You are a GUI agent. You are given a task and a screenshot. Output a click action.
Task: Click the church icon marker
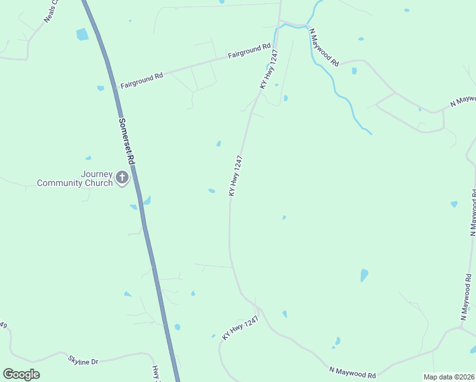pyautogui.click(x=122, y=177)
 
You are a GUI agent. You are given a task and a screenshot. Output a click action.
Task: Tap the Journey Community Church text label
pyautogui.click(x=74, y=179)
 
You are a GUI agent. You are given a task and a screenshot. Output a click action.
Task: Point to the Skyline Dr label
pyautogui.click(x=83, y=361)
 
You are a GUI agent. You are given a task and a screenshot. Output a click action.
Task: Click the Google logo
pyautogui.click(x=21, y=374)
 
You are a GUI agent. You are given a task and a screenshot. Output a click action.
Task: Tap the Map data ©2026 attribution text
pyautogui.click(x=449, y=377)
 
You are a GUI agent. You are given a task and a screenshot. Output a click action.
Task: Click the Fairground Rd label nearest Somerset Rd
pyautogui.click(x=142, y=80)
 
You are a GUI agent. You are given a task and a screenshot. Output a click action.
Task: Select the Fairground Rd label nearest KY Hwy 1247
pyautogui.click(x=249, y=51)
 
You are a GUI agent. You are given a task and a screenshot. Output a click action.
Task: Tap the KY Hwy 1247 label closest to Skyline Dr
pyautogui.click(x=241, y=328)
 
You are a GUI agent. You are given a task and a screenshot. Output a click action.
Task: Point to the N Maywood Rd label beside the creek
pyautogui.click(x=324, y=47)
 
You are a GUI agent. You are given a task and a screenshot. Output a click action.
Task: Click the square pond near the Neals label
pyautogui.click(x=83, y=34)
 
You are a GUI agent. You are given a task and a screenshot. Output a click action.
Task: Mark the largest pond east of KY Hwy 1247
pyautogui.click(x=364, y=275)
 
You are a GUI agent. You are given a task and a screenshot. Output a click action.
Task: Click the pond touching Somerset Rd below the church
pyautogui.click(x=147, y=201)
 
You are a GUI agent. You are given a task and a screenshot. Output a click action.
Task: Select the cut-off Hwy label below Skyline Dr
pyautogui.click(x=155, y=373)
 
